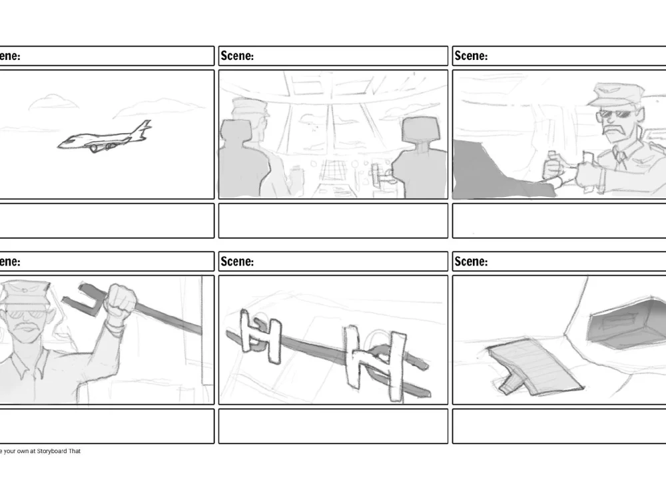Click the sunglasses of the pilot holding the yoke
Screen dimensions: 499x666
(613, 114)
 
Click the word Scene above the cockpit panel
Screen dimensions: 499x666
(237, 56)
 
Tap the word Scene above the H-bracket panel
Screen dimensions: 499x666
(237, 261)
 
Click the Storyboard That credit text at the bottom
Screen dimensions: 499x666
(40, 451)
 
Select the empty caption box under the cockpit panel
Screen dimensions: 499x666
(333, 220)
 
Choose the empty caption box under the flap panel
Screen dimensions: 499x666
(558, 426)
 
